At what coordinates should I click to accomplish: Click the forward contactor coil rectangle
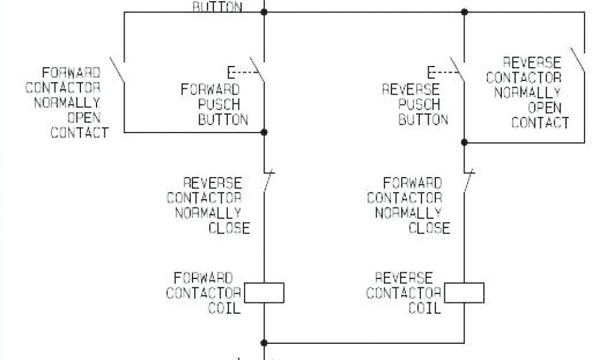coord(264,293)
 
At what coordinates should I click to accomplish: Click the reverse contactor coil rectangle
coord(465,293)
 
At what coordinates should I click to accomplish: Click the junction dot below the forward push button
coord(264,132)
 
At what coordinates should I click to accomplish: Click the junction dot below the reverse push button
coord(465,142)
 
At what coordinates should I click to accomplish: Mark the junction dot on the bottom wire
coord(264,343)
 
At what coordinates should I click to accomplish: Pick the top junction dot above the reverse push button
coord(465,11)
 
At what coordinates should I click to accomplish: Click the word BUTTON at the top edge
coord(217,7)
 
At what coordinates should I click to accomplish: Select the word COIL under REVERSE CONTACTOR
coord(425,308)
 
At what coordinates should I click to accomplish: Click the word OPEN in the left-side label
coord(88,117)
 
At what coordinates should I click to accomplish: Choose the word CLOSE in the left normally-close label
coord(229,227)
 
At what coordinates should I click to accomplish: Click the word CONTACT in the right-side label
coord(540,123)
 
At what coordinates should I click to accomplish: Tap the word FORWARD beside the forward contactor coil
coord(203,278)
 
